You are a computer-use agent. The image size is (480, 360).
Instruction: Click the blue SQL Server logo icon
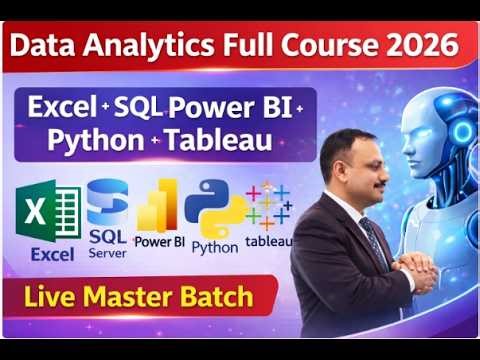coord(107,200)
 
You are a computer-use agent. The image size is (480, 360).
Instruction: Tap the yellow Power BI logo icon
coord(158,208)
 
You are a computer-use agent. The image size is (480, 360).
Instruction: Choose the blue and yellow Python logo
coord(214,206)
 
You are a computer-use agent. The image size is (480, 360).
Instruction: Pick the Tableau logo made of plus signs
coord(268,204)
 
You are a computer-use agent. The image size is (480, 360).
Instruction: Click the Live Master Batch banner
coord(139,296)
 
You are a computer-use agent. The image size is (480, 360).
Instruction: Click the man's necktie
coord(372,240)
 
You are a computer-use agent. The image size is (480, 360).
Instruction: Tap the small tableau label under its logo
coord(268,241)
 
